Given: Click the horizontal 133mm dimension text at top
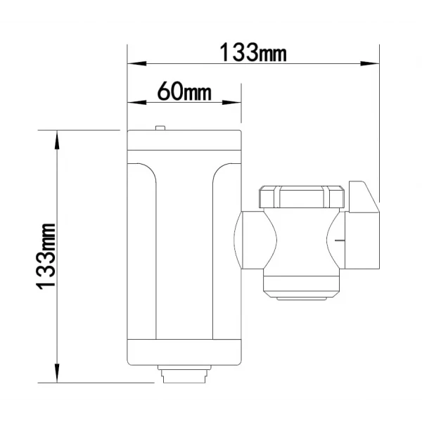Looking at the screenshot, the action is click(253, 52).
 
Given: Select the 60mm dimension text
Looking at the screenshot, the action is click(184, 91).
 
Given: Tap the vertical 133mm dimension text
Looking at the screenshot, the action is click(46, 256).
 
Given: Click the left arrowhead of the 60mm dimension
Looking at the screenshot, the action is click(136, 103).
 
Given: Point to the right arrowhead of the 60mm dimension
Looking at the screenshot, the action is click(231, 103).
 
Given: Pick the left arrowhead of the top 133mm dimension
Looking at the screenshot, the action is click(136, 64).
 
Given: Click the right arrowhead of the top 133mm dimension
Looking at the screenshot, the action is click(370, 64).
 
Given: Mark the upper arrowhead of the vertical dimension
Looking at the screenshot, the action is click(57, 140).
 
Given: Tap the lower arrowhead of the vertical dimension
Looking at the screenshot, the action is click(57, 373).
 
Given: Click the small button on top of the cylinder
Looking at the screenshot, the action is click(160, 128).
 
